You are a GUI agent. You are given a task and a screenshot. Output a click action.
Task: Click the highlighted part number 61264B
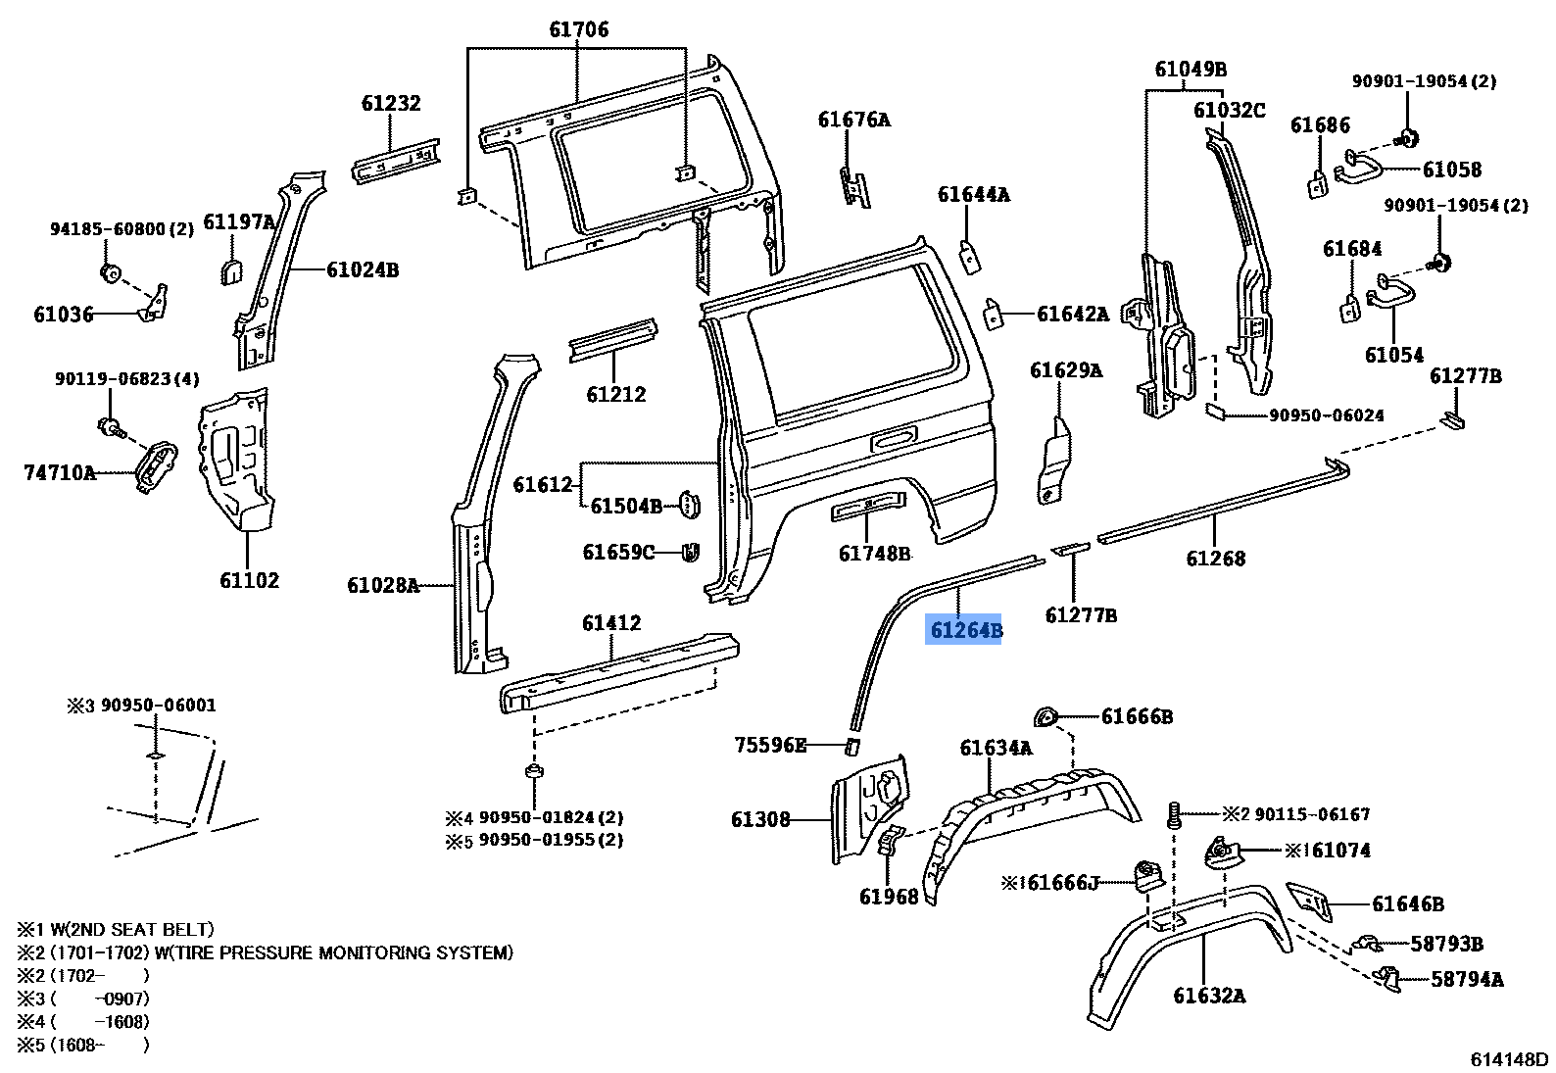(x=965, y=629)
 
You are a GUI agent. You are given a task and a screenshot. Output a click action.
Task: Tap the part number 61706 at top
(x=577, y=29)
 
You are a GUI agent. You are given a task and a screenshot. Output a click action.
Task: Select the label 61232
(x=390, y=103)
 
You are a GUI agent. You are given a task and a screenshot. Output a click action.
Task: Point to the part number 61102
(x=249, y=580)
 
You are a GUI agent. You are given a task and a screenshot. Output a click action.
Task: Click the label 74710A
(x=60, y=473)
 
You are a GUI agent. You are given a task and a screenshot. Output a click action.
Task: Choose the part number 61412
(x=611, y=622)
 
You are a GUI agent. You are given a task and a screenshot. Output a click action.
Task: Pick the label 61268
(x=1215, y=558)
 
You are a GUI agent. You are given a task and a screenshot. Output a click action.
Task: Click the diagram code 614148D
(x=1509, y=1059)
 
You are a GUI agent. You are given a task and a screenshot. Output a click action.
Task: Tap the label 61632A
(x=1209, y=996)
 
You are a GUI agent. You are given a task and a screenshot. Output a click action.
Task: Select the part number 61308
(x=759, y=818)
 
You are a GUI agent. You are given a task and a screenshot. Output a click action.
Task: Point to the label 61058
(x=1452, y=170)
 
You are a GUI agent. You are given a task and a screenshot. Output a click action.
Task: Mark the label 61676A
(x=854, y=120)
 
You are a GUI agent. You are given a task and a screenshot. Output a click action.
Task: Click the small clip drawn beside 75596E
(x=851, y=748)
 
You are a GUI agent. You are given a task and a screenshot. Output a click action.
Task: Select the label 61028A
(x=382, y=586)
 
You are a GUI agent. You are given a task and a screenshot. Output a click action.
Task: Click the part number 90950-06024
(x=1327, y=415)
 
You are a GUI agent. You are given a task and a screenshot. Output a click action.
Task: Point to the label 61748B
(x=874, y=554)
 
